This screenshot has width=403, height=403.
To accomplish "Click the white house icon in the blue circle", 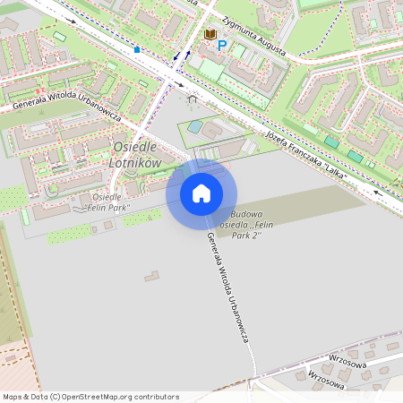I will (x=201, y=193).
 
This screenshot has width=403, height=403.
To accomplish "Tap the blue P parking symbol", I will (x=222, y=45).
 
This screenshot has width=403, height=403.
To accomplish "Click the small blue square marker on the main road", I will (x=137, y=50).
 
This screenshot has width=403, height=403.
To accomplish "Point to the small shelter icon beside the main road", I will (x=190, y=99).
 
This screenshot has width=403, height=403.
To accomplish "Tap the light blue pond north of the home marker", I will (x=194, y=127).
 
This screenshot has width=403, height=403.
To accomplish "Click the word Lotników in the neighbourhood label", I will (x=134, y=163).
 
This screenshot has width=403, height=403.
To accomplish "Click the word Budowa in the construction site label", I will (x=246, y=214).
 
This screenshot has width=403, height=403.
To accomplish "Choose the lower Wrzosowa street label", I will (x=326, y=381).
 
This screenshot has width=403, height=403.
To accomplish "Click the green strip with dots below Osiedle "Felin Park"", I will (x=68, y=235).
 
